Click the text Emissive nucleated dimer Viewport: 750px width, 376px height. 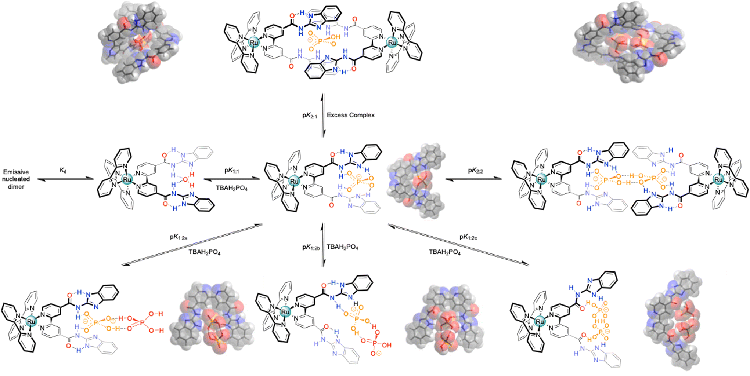[16, 179]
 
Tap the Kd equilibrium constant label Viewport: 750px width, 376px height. [63, 171]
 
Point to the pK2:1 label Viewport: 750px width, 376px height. [310, 116]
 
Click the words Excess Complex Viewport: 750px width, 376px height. [351, 115]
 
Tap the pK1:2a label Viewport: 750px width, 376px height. [179, 237]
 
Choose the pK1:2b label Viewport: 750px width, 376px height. [311, 247]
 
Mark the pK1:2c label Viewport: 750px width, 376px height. [468, 237]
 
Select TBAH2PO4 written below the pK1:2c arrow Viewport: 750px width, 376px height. [444, 252]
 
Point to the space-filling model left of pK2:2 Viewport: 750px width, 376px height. [414, 180]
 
